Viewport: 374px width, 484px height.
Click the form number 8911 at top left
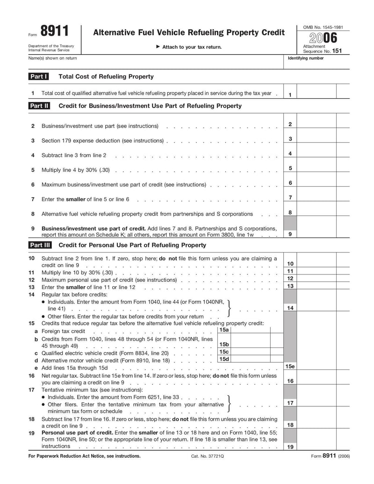(55, 32)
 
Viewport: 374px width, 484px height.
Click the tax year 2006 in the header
(320, 38)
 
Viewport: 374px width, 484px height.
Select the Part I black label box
(38, 77)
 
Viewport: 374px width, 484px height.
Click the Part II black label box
(39, 106)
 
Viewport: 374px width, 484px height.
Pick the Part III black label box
(40, 245)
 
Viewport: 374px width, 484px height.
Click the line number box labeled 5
(290, 168)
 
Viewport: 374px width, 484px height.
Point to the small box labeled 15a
(224, 330)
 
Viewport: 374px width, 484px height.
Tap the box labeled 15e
(290, 367)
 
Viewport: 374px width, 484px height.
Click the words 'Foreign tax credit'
(63, 331)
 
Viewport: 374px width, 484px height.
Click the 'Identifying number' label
(305, 58)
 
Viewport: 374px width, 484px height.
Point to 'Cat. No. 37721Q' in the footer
(208, 456)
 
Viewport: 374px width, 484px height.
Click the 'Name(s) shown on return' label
(53, 58)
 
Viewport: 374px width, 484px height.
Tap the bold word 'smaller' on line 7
(76, 199)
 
